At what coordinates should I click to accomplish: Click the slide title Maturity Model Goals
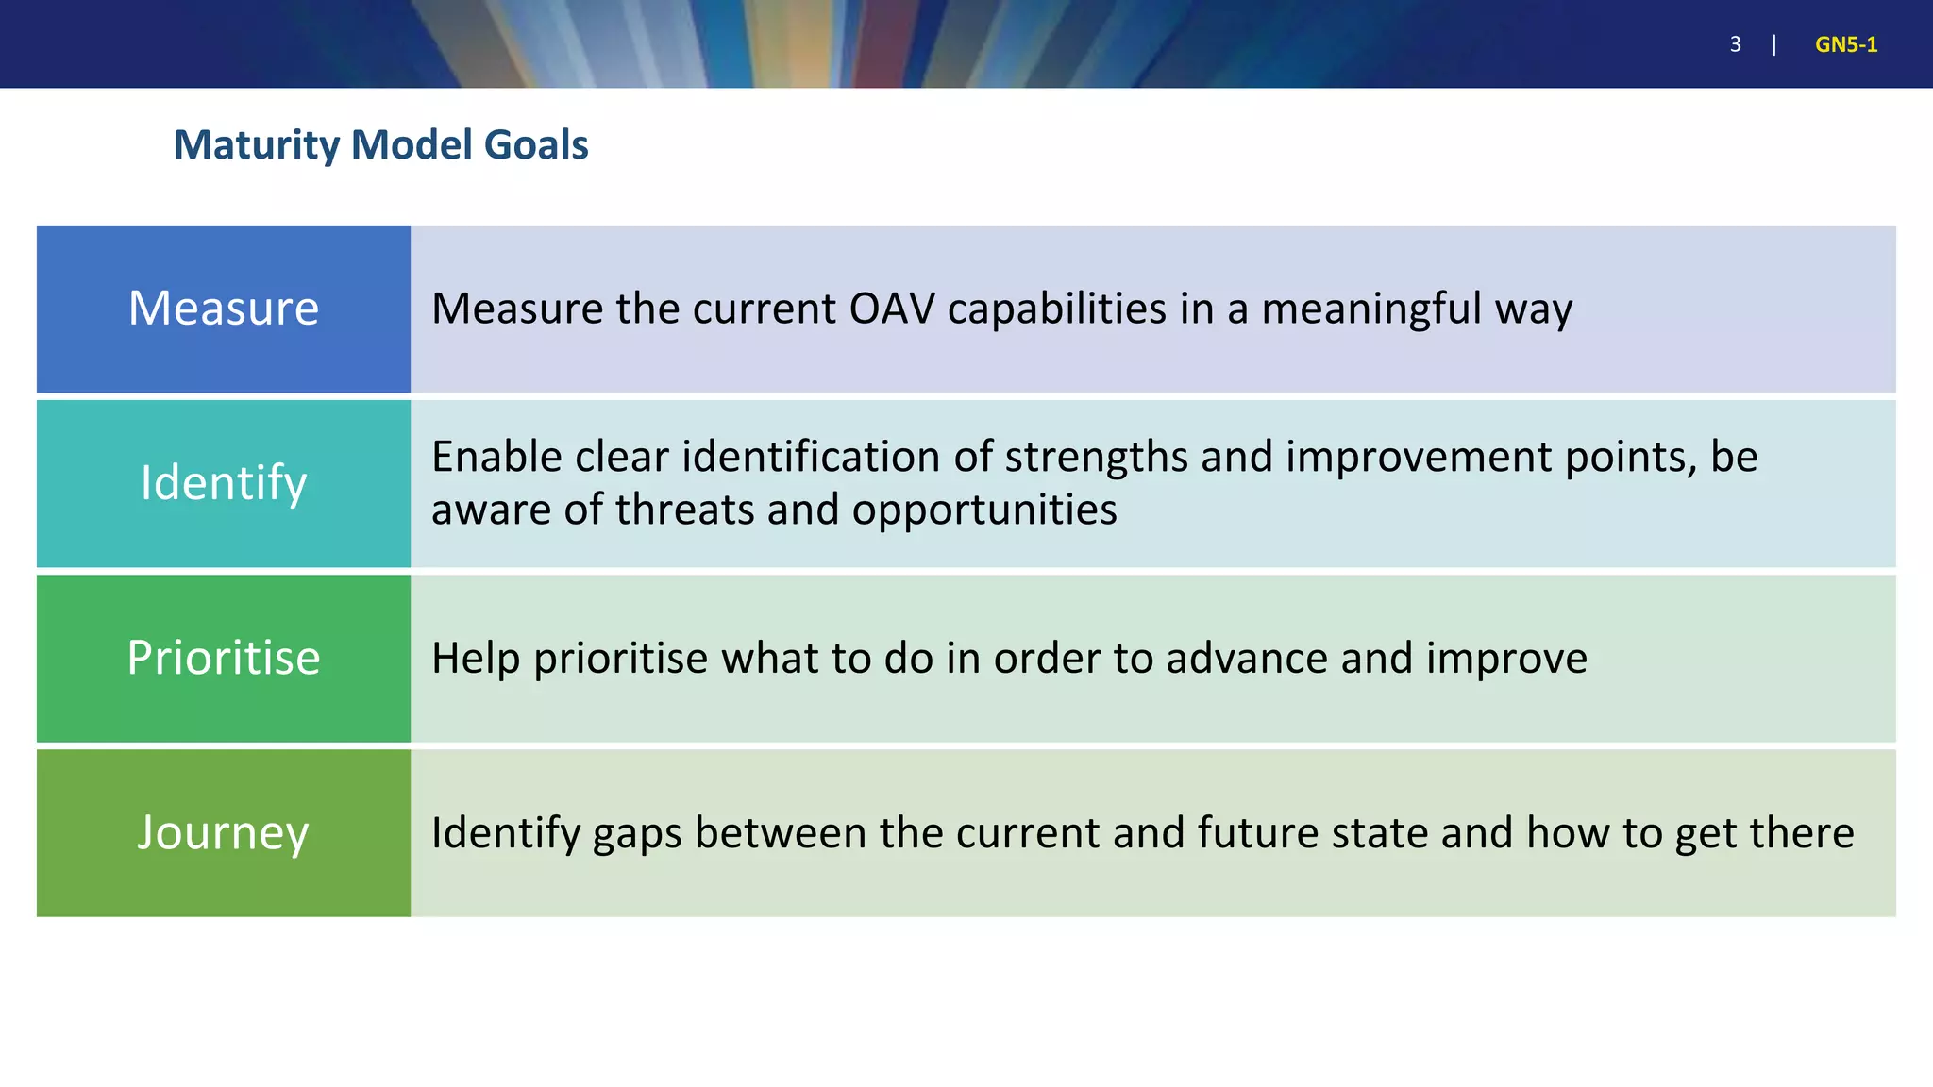tap(380, 145)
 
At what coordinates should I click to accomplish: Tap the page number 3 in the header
tap(1735, 44)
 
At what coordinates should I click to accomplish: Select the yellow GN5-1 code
tap(1845, 44)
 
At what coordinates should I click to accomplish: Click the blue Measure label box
tap(224, 309)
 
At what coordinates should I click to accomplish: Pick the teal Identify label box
tap(224, 483)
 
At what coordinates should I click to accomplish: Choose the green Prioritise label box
tap(224, 658)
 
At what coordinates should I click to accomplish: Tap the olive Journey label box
tap(224, 832)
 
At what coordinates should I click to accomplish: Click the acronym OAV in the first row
tap(892, 309)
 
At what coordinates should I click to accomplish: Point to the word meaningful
tap(1370, 309)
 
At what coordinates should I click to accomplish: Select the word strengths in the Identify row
tap(1096, 457)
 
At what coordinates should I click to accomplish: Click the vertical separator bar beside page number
tap(1774, 44)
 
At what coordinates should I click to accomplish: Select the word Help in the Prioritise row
tap(476, 658)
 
